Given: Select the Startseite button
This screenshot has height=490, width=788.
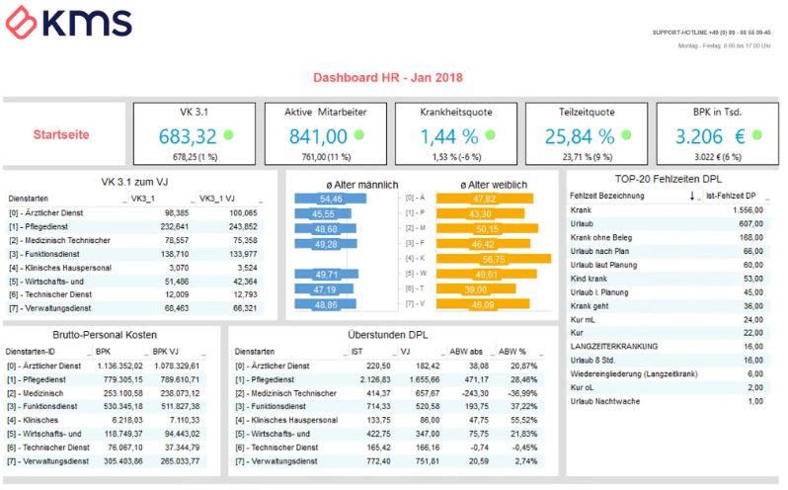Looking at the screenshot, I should pos(63,133).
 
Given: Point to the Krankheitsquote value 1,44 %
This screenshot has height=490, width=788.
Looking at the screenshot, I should pos(443,136).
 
